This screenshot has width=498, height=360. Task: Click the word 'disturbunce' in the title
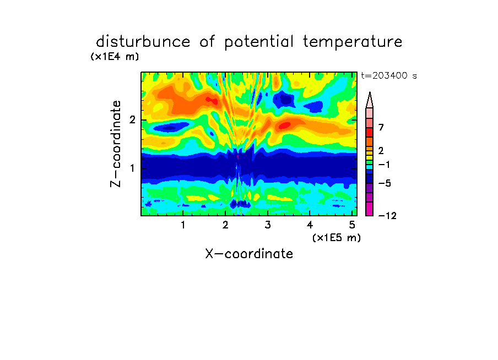pos(143,42)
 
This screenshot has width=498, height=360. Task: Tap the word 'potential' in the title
pos(259,42)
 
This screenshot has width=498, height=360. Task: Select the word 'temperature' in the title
pos(353,42)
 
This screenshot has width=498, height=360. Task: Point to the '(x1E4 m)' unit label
pos(115,57)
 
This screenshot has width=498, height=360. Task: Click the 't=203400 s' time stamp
pos(389,75)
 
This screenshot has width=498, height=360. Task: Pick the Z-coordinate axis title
pos(116,144)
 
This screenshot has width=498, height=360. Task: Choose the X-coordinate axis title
pos(249,254)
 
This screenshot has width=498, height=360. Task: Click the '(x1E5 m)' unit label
pos(337,238)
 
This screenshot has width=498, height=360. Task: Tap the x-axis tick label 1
pos(183,225)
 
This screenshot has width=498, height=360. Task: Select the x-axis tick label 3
pos(268,225)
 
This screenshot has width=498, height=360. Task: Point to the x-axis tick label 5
pos(352,225)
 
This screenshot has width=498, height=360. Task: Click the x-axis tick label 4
pos(310,225)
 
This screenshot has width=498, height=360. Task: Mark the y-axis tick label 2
pos(132,120)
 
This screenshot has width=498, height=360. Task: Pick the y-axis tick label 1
pos(132,168)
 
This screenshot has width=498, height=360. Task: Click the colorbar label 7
pos(381,128)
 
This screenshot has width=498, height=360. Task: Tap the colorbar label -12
pos(387,216)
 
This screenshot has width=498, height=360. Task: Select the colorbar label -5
pos(385,183)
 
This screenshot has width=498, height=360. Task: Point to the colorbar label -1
pos(384,165)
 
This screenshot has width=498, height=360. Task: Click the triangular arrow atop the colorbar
pos(370,100)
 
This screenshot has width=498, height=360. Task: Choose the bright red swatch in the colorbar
pos(370,132)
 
